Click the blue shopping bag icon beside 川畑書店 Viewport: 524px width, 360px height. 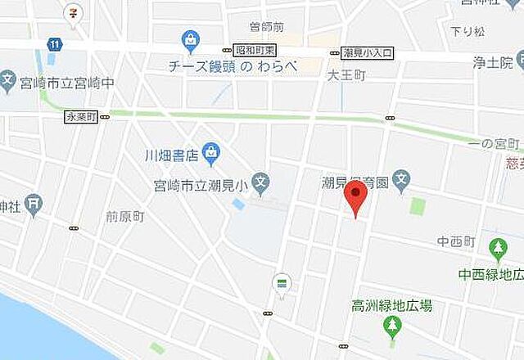pyautogui.click(x=211, y=151)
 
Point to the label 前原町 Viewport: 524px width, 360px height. pyautogui.click(x=125, y=217)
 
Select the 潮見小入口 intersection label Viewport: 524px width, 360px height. pyautogui.click(x=368, y=52)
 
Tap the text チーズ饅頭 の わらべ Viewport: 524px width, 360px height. pyautogui.click(x=233, y=67)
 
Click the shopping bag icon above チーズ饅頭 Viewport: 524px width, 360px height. pyautogui.click(x=191, y=39)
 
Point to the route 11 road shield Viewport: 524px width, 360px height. pyautogui.click(x=55, y=44)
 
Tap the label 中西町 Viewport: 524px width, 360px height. pyautogui.click(x=456, y=242)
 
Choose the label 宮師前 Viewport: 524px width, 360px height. pyautogui.click(x=266, y=27)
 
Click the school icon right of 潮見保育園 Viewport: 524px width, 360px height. pyautogui.click(x=401, y=179)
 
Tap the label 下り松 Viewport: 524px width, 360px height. pyautogui.click(x=469, y=31)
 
